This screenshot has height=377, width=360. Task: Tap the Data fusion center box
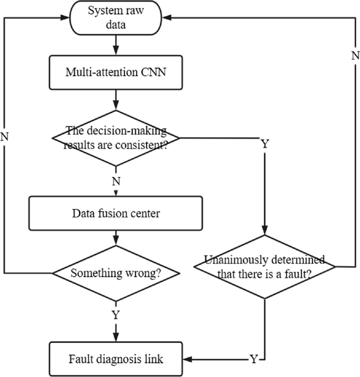pos(115,214)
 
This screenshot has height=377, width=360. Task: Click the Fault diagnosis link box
pos(115,360)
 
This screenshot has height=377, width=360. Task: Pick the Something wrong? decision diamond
pos(115,274)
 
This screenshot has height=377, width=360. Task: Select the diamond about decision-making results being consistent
pos(115,138)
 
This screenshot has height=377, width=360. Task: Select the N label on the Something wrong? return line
pos(5,137)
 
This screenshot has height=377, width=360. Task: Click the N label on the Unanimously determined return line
pos(355,55)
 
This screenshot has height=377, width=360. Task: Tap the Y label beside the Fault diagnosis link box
pos(254,360)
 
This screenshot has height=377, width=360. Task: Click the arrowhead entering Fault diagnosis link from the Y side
pos(186,360)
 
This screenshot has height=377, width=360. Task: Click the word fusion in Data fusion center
pos(115,214)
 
